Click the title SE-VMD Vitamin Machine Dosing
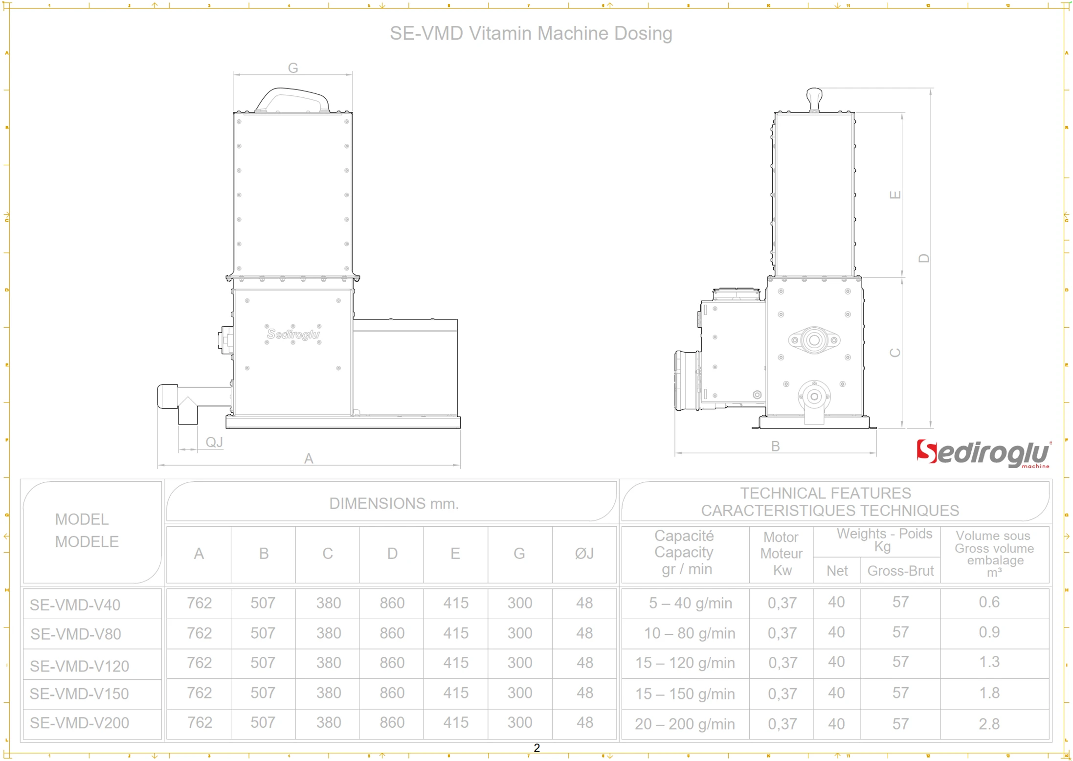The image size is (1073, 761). [x=531, y=33]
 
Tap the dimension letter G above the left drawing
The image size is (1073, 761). [x=292, y=68]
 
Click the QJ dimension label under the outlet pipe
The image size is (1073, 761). [x=214, y=442]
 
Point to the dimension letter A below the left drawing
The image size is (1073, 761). [x=308, y=459]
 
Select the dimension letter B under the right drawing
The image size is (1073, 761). [x=775, y=447]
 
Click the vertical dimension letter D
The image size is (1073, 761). [x=923, y=258]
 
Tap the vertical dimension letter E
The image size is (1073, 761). [x=894, y=195]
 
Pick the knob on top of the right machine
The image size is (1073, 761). [x=814, y=98]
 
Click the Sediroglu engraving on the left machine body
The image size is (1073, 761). [x=293, y=335]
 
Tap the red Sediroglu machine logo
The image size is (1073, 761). [x=983, y=453]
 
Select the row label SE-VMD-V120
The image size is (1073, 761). [x=79, y=666]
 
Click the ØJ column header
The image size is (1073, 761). [x=584, y=554]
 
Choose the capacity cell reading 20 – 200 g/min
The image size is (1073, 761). [x=685, y=724]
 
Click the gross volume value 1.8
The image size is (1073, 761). [x=989, y=693]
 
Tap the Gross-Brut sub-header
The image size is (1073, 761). [x=900, y=571]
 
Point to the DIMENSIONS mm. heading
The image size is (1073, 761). [x=394, y=503]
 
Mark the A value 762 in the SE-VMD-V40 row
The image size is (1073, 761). [x=199, y=603]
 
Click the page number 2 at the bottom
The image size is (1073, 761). [x=536, y=748]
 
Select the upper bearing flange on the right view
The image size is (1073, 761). [x=814, y=340]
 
